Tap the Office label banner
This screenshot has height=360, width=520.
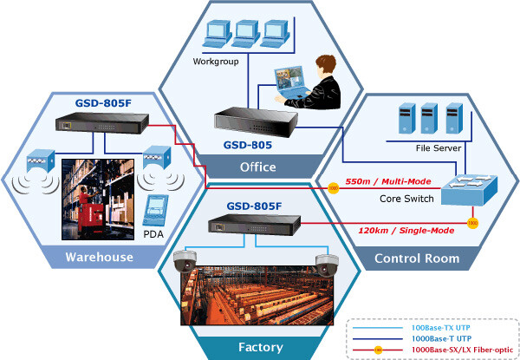(258, 167)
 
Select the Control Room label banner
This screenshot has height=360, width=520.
(415, 259)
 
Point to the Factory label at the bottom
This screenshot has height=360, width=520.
(260, 348)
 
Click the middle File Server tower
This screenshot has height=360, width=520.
(427, 117)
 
